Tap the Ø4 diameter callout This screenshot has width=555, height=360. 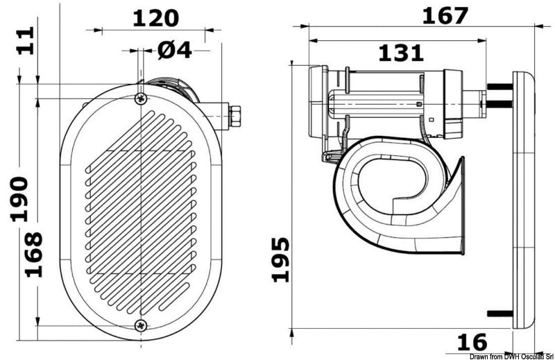(174, 50)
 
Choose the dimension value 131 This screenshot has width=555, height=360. (400, 52)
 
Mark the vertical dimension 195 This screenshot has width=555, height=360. (280, 259)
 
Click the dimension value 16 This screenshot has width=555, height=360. (472, 341)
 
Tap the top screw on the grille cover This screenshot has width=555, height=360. (142, 98)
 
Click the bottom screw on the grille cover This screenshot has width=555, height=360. (142, 325)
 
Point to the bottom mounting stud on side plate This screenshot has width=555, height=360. (499, 314)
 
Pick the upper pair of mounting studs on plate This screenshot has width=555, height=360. (499, 95)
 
